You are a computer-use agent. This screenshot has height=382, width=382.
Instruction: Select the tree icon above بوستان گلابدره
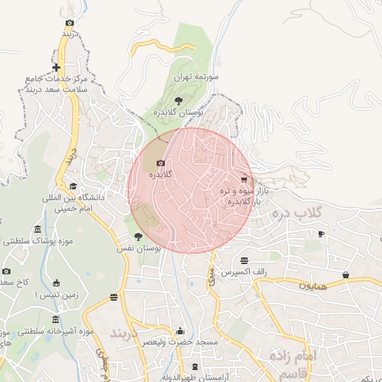(x=178, y=101)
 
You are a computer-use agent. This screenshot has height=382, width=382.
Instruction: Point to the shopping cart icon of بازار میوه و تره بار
(x=244, y=180)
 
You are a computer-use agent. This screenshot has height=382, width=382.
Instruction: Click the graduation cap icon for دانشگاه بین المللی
(x=72, y=187)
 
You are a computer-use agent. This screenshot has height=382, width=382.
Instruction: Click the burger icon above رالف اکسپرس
(x=245, y=260)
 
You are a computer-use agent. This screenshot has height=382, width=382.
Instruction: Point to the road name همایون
(x=314, y=286)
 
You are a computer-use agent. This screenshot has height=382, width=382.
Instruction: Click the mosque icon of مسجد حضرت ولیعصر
(x=179, y=331)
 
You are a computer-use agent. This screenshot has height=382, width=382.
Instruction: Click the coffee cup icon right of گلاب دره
(x=321, y=234)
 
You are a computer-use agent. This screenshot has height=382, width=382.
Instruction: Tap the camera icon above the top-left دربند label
(x=69, y=23)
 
